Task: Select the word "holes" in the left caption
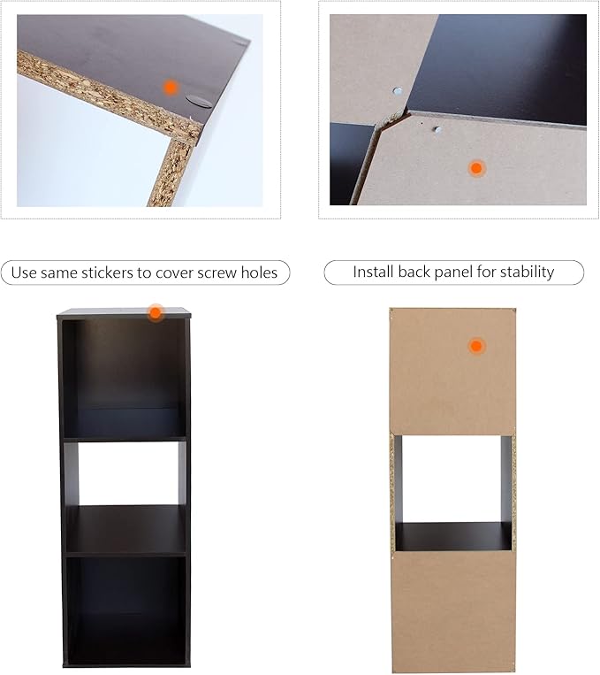tap(259, 272)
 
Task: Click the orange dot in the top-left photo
tap(171, 88)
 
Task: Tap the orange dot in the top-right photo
tap(476, 168)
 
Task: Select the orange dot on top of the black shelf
tap(156, 313)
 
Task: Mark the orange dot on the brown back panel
tap(476, 346)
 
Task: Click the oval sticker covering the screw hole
tap(199, 102)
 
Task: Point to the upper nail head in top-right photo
tap(398, 91)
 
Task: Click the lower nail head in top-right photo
tap(437, 129)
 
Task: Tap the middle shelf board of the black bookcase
tap(125, 530)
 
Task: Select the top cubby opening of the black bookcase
tap(125, 379)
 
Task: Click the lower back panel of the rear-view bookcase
tap(453, 610)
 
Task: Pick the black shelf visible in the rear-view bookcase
tap(453, 537)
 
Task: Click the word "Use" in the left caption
tap(24, 273)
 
